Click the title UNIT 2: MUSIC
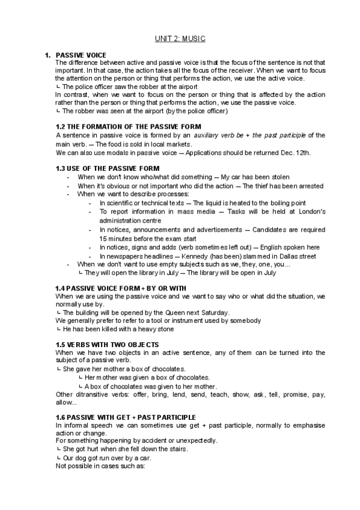coord(180,38)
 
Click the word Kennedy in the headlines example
coord(198,256)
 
